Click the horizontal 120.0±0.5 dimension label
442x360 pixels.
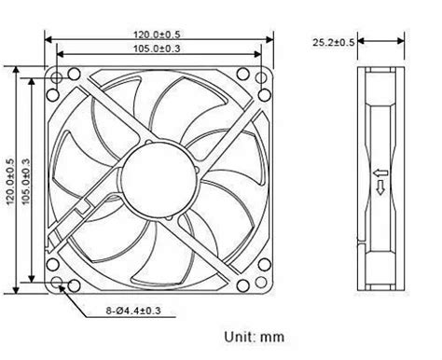tap(155, 35)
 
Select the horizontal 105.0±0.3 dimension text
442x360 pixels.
tap(155, 48)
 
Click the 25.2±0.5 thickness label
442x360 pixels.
tap(333, 42)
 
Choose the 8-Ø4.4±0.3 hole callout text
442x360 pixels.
tap(134, 310)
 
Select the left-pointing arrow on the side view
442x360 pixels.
tap(380, 173)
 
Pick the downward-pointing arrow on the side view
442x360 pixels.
tap(380, 190)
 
